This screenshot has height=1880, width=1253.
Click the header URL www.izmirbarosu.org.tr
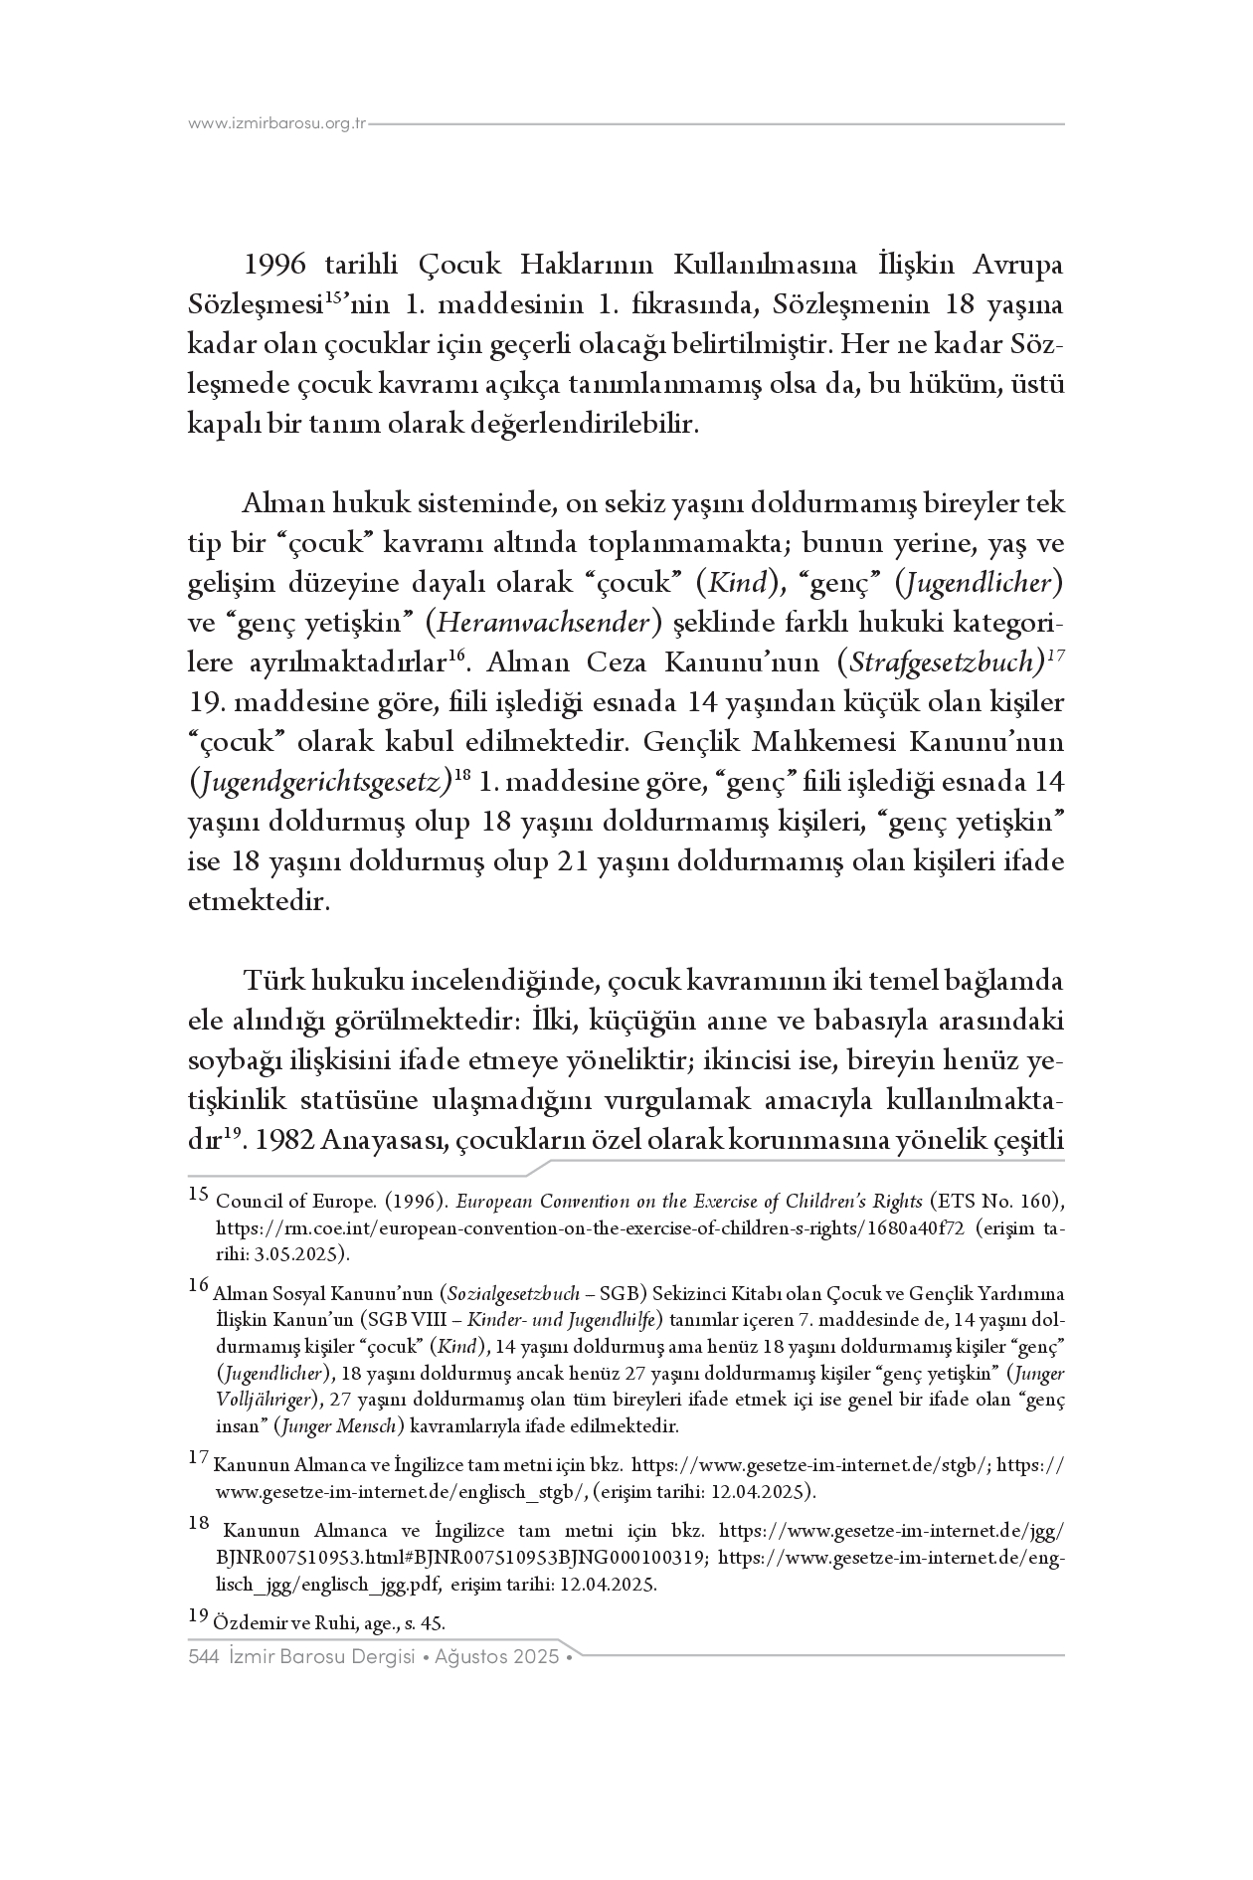[277, 124]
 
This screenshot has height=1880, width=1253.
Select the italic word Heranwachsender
[544, 624]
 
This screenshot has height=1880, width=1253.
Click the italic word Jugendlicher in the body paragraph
[983, 584]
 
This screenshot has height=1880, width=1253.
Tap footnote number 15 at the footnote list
[197, 1196]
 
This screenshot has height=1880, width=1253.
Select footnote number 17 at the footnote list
[197, 1458]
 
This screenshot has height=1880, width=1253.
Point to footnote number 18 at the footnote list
[197, 1522]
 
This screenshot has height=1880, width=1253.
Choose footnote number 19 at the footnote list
[197, 1615]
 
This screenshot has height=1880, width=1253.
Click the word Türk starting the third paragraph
[273, 982]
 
